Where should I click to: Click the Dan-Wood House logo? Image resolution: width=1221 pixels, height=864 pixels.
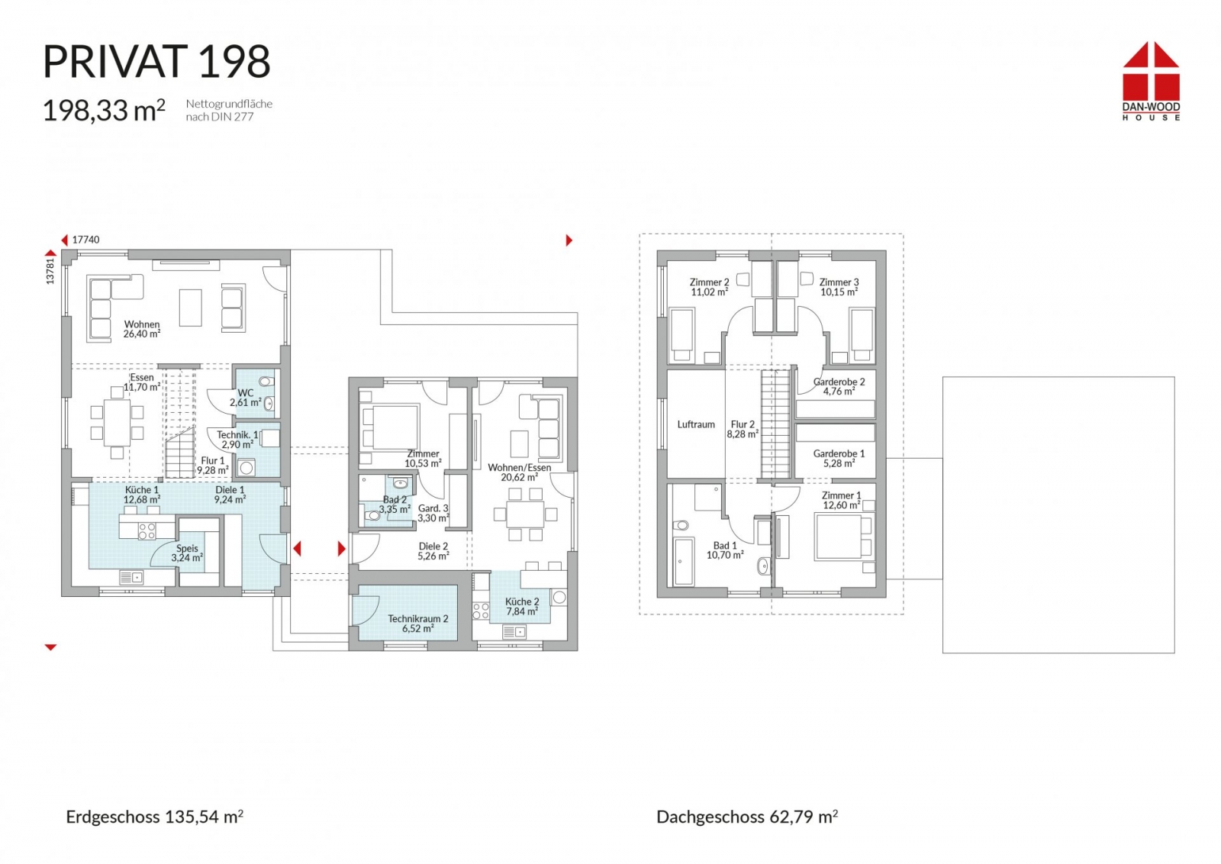tap(1151, 81)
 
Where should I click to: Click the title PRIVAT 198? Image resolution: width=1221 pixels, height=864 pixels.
tap(156, 62)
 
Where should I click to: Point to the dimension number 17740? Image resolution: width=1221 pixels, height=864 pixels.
tap(85, 240)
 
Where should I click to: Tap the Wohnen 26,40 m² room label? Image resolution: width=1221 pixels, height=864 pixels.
tap(142, 329)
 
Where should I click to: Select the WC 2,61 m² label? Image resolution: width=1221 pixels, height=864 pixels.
tap(245, 398)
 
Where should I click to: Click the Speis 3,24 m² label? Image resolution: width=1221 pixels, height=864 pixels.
tap(187, 553)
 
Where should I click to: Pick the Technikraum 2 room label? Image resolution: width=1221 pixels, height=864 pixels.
tap(418, 624)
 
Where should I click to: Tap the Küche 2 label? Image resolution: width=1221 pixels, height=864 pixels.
tap(522, 606)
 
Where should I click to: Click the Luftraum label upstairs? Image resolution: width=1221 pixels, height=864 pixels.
tap(696, 424)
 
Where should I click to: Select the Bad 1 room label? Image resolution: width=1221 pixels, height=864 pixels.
tap(725, 550)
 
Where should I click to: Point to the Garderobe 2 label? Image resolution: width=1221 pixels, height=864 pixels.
tap(839, 386)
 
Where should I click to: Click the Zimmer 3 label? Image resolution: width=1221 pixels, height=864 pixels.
tap(839, 287)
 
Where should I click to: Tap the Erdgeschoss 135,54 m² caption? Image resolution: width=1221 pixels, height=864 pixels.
tap(154, 817)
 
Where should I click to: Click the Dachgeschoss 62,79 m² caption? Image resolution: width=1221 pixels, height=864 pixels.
tap(747, 817)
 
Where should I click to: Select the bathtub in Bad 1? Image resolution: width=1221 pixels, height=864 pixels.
tap(684, 562)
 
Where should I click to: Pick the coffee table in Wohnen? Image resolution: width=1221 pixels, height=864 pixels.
tap(191, 308)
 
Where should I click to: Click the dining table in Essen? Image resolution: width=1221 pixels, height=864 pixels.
tap(118, 423)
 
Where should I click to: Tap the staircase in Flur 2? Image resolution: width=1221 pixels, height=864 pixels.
tap(775, 424)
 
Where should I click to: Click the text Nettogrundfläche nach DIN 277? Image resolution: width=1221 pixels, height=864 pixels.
tap(229, 110)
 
